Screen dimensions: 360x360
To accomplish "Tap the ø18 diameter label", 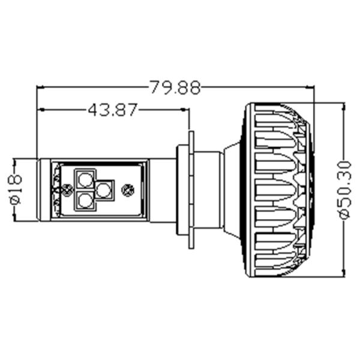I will tap(16, 189).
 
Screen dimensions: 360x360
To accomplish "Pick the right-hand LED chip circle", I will tap(104, 190).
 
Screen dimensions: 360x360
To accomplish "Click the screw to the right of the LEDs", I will tap(127, 190).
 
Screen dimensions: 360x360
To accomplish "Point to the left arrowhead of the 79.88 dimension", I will tap(41, 88).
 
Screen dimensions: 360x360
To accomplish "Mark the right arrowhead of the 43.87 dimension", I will tap(185, 110).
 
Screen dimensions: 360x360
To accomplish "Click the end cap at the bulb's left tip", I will tap(44, 190).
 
